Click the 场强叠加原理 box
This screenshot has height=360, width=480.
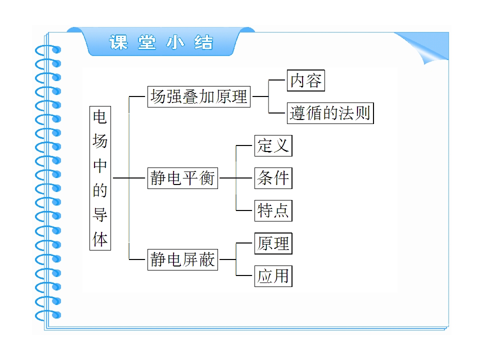point(199,96)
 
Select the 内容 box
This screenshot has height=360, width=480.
point(305,80)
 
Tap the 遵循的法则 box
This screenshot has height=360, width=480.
point(330,113)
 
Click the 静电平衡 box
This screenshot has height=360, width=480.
point(182,178)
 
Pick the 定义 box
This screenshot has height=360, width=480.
point(273,145)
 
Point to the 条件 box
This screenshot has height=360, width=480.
point(273,178)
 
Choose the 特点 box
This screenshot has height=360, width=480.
point(273,210)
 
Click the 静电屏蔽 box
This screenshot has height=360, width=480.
point(182,260)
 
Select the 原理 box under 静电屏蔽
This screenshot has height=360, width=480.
point(273,243)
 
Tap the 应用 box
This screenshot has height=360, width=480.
point(273,276)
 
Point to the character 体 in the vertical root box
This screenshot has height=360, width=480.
point(100,239)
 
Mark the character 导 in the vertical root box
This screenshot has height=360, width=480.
point(100,214)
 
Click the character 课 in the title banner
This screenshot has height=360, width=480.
point(118,43)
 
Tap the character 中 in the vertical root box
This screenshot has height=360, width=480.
point(100,166)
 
